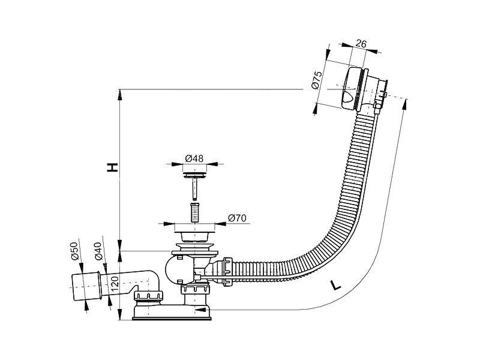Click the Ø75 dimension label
click(x=317, y=80)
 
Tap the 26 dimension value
click(x=361, y=44)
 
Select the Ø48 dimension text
click(x=194, y=158)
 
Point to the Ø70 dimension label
click(x=237, y=218)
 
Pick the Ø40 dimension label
click(x=98, y=251)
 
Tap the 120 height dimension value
click(x=115, y=284)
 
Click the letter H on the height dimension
click(x=112, y=167)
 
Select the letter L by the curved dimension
click(x=336, y=286)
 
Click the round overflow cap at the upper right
click(x=352, y=88)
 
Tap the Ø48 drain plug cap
click(x=194, y=175)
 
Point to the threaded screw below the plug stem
click(x=194, y=212)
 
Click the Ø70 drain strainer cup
click(x=194, y=236)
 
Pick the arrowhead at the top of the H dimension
click(x=120, y=94)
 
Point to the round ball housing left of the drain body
click(x=175, y=270)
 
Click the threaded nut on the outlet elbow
click(x=148, y=296)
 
